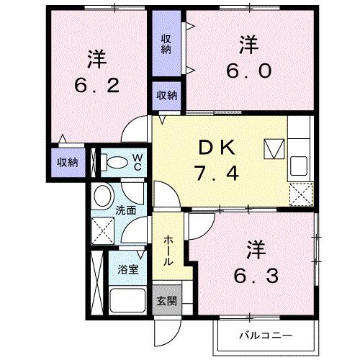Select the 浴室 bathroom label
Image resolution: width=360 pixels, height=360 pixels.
129,270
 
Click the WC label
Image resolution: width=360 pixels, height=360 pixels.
137,162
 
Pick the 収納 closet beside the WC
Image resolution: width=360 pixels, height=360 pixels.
68,162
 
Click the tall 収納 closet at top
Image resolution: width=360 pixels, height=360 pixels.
166,42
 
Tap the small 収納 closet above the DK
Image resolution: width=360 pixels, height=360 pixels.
167,94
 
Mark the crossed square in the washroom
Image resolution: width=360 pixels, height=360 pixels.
104,230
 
